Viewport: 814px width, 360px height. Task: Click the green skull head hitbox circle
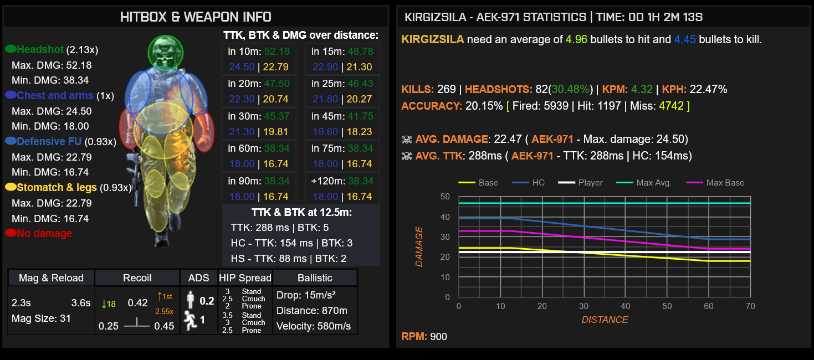coord(165,52)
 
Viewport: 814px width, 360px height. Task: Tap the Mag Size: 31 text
coord(41,318)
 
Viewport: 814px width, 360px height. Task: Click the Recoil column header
coord(137,277)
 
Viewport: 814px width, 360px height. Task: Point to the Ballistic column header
coord(315,277)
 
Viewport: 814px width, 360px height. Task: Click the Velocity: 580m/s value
coord(314,326)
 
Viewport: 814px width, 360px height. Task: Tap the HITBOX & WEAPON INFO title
coord(196,17)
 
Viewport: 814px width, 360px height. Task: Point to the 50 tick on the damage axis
coord(445,197)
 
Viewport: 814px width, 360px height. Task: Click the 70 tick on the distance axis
coord(750,306)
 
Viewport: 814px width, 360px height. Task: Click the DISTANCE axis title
coord(605,320)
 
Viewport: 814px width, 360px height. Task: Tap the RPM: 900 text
coord(424,336)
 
